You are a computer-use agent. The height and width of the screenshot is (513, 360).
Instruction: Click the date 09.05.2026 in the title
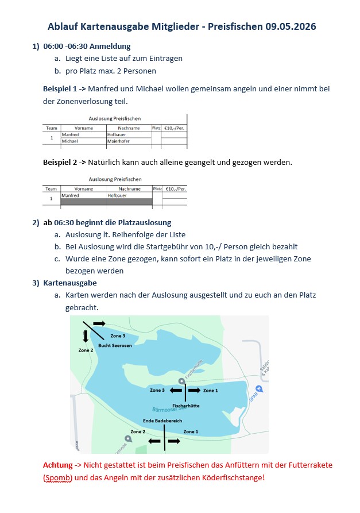[x=290, y=27]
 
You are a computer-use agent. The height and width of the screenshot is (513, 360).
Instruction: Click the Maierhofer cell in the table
[x=121, y=141]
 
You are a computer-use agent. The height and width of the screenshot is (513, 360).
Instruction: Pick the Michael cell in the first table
[x=69, y=141]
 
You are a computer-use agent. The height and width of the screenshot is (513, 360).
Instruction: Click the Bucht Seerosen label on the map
[x=115, y=345]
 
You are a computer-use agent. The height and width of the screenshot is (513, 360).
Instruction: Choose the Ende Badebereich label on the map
[x=162, y=421]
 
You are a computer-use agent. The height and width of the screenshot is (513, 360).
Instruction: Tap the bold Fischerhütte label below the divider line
[x=185, y=406]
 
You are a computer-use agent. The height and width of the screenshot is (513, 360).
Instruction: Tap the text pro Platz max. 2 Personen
[x=110, y=71]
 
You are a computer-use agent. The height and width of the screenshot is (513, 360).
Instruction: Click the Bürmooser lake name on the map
[x=167, y=410]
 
